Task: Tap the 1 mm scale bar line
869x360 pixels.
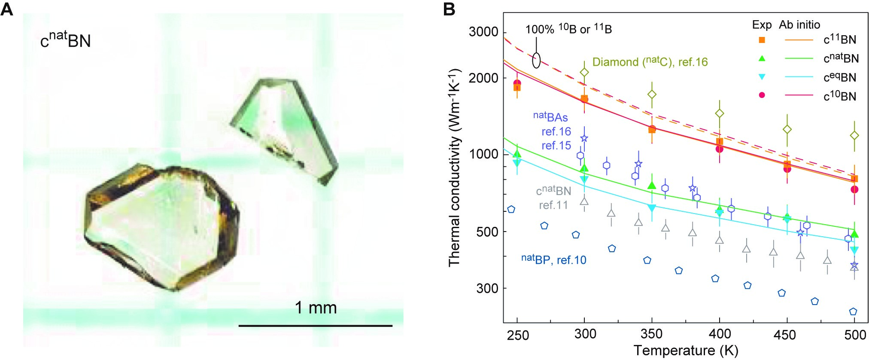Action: point(316,326)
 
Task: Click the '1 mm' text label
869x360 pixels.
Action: point(316,308)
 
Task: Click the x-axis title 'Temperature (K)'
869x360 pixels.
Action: point(685,351)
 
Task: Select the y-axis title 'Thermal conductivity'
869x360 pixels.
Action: point(454,168)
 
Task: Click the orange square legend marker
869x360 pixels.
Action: point(762,40)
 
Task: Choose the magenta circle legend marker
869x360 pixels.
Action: point(762,95)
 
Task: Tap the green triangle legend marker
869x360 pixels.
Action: point(762,58)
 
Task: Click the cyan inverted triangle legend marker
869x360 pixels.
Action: point(762,77)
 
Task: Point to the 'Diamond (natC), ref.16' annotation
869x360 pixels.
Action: point(650,62)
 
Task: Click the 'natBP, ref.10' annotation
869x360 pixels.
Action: point(553,259)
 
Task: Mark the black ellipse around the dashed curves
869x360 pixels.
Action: point(536,60)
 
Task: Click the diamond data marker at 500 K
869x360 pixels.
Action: point(854,136)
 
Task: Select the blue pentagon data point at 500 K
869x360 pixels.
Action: point(853,311)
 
